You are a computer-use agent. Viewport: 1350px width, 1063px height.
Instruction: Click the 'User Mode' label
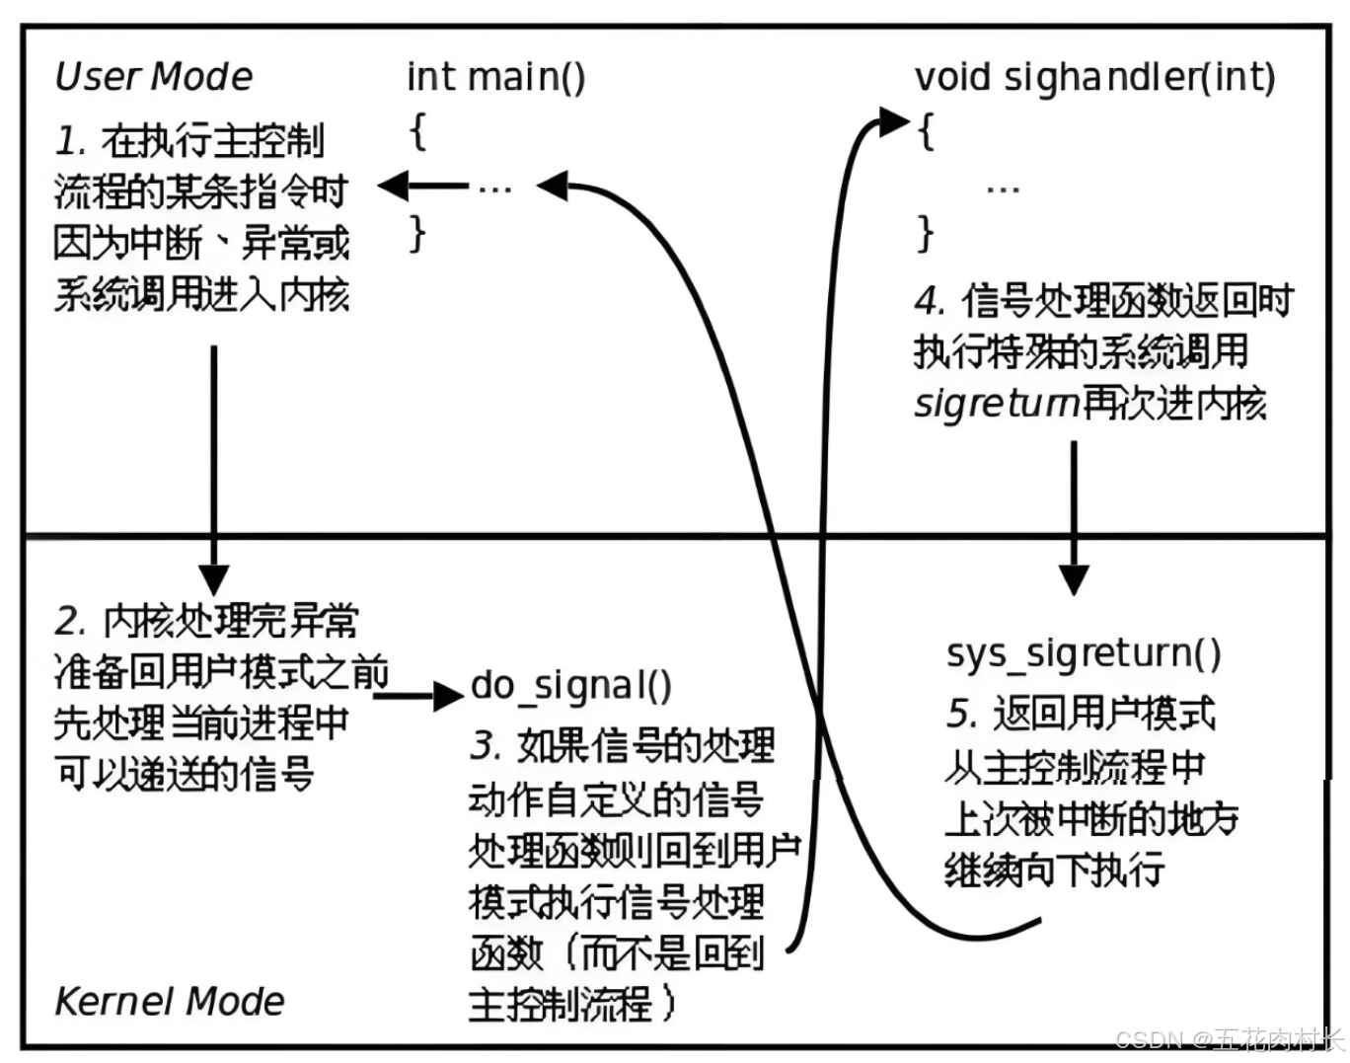pyautogui.click(x=154, y=76)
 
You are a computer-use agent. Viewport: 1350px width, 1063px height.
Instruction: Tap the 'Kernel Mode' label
pyautogui.click(x=169, y=1001)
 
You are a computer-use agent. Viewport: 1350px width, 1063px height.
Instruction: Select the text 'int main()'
pyautogui.click(x=495, y=76)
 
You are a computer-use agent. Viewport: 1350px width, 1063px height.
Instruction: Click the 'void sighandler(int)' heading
pyautogui.click(x=1094, y=77)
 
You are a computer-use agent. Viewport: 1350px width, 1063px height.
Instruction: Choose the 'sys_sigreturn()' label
pyautogui.click(x=1084, y=653)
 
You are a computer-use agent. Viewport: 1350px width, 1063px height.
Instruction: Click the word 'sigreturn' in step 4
pyautogui.click(x=996, y=404)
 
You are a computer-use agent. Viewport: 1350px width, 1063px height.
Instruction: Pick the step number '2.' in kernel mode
pyautogui.click(x=71, y=621)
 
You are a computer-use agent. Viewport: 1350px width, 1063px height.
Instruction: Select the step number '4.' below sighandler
pyautogui.click(x=931, y=300)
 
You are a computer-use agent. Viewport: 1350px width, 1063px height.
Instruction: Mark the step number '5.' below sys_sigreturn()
pyautogui.click(x=962, y=713)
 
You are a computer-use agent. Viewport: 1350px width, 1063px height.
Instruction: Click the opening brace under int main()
pyautogui.click(x=418, y=130)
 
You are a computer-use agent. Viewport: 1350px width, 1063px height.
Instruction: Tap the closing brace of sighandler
pyautogui.click(x=925, y=234)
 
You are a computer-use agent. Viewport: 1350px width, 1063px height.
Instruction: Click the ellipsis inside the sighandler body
pyautogui.click(x=1003, y=187)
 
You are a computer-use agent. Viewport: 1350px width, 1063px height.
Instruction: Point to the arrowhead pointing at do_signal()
pyautogui.click(x=448, y=695)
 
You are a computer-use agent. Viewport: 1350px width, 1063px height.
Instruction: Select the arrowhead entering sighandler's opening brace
pyautogui.click(x=894, y=122)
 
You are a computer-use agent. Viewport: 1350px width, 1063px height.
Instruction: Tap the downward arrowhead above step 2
pyautogui.click(x=213, y=578)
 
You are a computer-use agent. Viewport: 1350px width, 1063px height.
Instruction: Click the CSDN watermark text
pyautogui.click(x=1230, y=1039)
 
